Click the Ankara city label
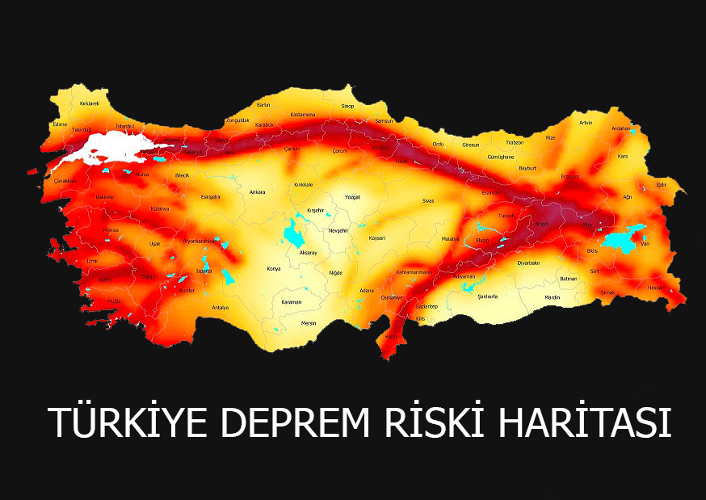[x=258, y=192]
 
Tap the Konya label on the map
[x=273, y=268]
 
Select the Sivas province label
[x=428, y=200]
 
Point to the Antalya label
[x=220, y=308]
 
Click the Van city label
[x=645, y=244]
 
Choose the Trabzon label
[x=515, y=142]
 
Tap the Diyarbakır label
[x=528, y=263]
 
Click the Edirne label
[x=60, y=124]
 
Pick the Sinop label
[x=347, y=106]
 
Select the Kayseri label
[x=377, y=238]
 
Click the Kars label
[x=623, y=156]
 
